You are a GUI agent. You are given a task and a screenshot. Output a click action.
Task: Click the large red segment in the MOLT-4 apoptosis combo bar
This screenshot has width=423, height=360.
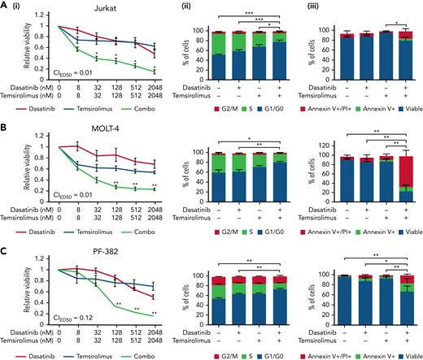(x=399, y=167)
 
